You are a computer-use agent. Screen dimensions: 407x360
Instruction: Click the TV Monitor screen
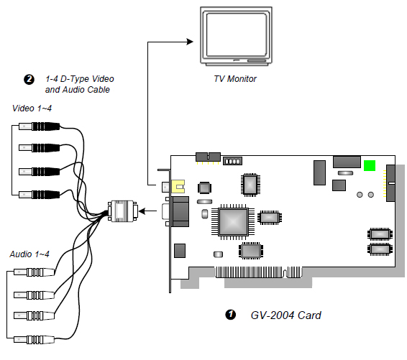[x=237, y=34]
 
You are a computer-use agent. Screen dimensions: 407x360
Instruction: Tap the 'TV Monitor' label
[x=235, y=79]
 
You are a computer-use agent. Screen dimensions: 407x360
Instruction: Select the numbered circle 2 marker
[x=29, y=80]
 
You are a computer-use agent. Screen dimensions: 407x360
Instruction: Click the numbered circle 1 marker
[x=231, y=315]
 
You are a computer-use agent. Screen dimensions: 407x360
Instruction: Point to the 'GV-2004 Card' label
[x=285, y=315]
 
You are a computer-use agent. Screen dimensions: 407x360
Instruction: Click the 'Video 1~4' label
[x=32, y=109]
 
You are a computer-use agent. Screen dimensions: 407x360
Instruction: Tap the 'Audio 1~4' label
[x=29, y=254]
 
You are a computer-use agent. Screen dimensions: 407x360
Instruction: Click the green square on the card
[x=370, y=166]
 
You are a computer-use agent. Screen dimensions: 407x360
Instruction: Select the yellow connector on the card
[x=178, y=187]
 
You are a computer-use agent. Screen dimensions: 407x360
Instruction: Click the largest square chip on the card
[x=233, y=222]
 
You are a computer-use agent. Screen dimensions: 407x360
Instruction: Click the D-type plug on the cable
[x=123, y=211]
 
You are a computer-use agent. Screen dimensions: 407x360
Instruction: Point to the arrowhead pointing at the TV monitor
[x=190, y=42]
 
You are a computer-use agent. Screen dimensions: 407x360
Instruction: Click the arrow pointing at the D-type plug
[x=147, y=211]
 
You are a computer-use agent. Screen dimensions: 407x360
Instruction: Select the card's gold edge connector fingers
[x=259, y=272]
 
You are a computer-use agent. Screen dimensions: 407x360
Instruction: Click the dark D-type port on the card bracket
[x=180, y=211]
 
